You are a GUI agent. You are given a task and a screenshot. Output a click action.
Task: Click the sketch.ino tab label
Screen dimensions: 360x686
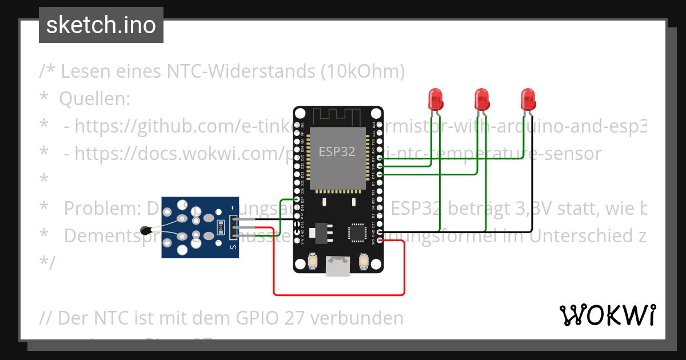point(101,25)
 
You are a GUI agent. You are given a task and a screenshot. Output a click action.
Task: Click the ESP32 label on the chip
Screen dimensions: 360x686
point(337,152)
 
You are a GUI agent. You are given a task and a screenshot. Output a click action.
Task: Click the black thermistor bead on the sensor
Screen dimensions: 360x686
point(146,230)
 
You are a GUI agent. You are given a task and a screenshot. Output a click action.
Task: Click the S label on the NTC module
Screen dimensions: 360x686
point(233,247)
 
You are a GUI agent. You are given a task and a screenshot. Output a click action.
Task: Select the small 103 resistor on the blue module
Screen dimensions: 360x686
point(220,227)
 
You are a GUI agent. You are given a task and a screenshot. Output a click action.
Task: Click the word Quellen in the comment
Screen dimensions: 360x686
point(95,99)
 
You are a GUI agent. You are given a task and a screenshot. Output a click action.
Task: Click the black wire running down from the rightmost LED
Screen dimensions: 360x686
point(532,171)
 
